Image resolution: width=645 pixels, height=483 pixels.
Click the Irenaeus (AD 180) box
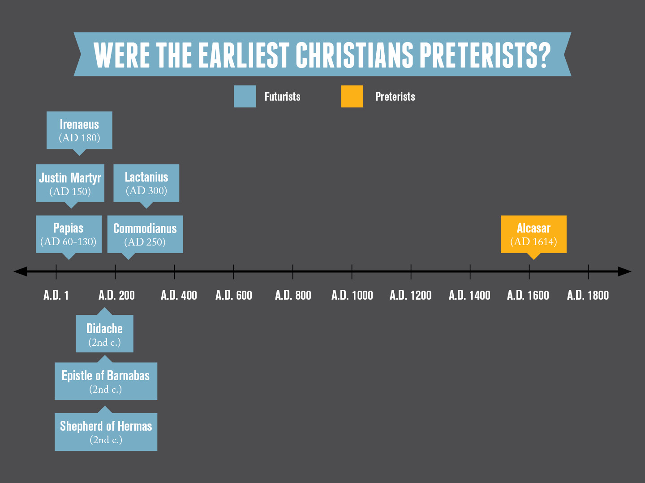79,130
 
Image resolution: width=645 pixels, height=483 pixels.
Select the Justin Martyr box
70,183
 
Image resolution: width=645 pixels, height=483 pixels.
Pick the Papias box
69,234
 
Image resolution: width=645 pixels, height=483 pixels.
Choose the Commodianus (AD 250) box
145,234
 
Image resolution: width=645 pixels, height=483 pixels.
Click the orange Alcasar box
533,234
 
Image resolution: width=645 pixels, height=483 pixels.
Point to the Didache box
104,334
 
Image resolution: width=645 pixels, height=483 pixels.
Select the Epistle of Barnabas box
106,381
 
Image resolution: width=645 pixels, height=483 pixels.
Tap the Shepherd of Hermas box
106,432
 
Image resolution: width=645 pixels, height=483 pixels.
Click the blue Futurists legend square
245,97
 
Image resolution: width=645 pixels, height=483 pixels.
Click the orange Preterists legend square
352,97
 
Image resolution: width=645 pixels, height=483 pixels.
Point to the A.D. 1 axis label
56,295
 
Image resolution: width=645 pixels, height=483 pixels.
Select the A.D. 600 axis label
234,295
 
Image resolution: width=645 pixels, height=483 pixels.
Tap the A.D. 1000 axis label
352,295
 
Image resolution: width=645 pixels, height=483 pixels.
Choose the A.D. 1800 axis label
588,295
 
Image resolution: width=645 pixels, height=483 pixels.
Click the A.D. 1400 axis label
469,295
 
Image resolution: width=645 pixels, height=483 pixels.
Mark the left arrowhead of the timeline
20,271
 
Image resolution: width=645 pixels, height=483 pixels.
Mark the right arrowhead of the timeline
625,271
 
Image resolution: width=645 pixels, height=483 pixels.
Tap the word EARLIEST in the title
244,55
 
